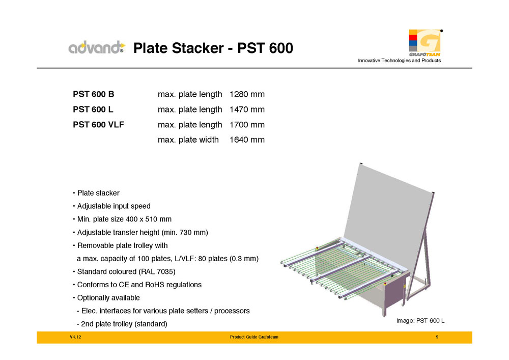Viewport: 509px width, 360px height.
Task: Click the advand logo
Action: [97, 47]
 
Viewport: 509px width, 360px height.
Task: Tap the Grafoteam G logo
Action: [425, 43]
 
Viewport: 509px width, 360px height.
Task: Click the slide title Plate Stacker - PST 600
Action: [213, 48]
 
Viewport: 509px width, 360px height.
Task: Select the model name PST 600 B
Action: [94, 94]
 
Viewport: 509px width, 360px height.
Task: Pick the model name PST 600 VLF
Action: [98, 125]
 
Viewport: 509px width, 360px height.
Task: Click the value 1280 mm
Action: [247, 94]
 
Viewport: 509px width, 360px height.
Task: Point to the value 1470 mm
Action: [247, 109]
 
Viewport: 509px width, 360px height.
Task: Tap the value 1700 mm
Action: [247, 125]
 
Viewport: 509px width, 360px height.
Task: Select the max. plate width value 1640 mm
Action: [247, 140]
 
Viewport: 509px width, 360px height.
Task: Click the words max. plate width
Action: [188, 140]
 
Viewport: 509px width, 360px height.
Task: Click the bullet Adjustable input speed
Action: [111, 206]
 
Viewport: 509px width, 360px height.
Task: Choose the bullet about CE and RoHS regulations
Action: [137, 285]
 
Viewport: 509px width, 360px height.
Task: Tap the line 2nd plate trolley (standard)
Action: [122, 324]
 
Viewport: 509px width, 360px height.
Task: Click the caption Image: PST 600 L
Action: [420, 321]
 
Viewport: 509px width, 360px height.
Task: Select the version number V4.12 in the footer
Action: [75, 337]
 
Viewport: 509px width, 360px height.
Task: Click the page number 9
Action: [437, 337]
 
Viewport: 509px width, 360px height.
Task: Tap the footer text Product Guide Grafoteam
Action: [254, 337]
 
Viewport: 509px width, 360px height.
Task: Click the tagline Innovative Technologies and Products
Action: [399, 61]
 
